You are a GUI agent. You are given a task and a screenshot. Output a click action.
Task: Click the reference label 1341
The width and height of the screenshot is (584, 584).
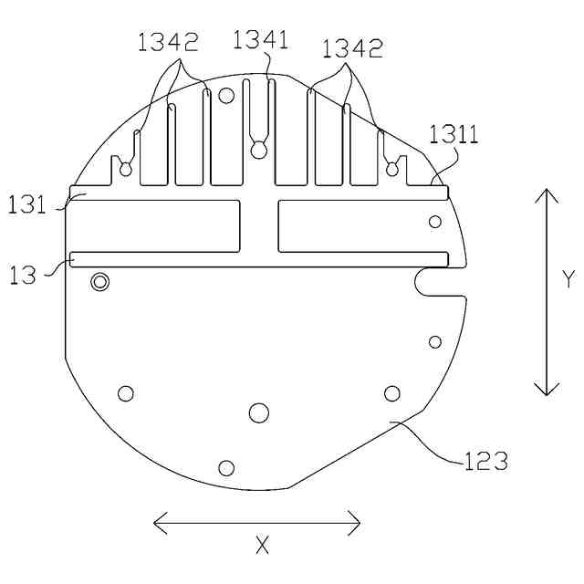(x=260, y=40)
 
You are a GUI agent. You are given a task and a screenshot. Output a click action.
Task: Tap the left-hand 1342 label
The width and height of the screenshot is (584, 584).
(x=168, y=42)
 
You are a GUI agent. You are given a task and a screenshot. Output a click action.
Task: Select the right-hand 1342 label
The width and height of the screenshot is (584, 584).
(x=352, y=48)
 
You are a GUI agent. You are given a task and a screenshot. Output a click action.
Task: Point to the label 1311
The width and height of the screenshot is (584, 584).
(x=454, y=134)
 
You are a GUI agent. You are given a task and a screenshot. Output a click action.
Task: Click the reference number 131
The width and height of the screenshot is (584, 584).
(x=26, y=204)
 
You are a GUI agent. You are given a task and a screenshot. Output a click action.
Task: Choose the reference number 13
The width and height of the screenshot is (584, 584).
(x=22, y=276)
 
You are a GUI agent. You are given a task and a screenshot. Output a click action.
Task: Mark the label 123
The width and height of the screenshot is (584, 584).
(x=486, y=461)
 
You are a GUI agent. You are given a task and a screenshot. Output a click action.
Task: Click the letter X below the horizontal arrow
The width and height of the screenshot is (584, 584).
(x=262, y=546)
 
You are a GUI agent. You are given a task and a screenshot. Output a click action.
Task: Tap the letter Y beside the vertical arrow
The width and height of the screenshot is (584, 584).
(x=568, y=279)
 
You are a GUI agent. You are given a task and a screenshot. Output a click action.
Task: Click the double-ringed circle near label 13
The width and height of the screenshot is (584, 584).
(x=100, y=282)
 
